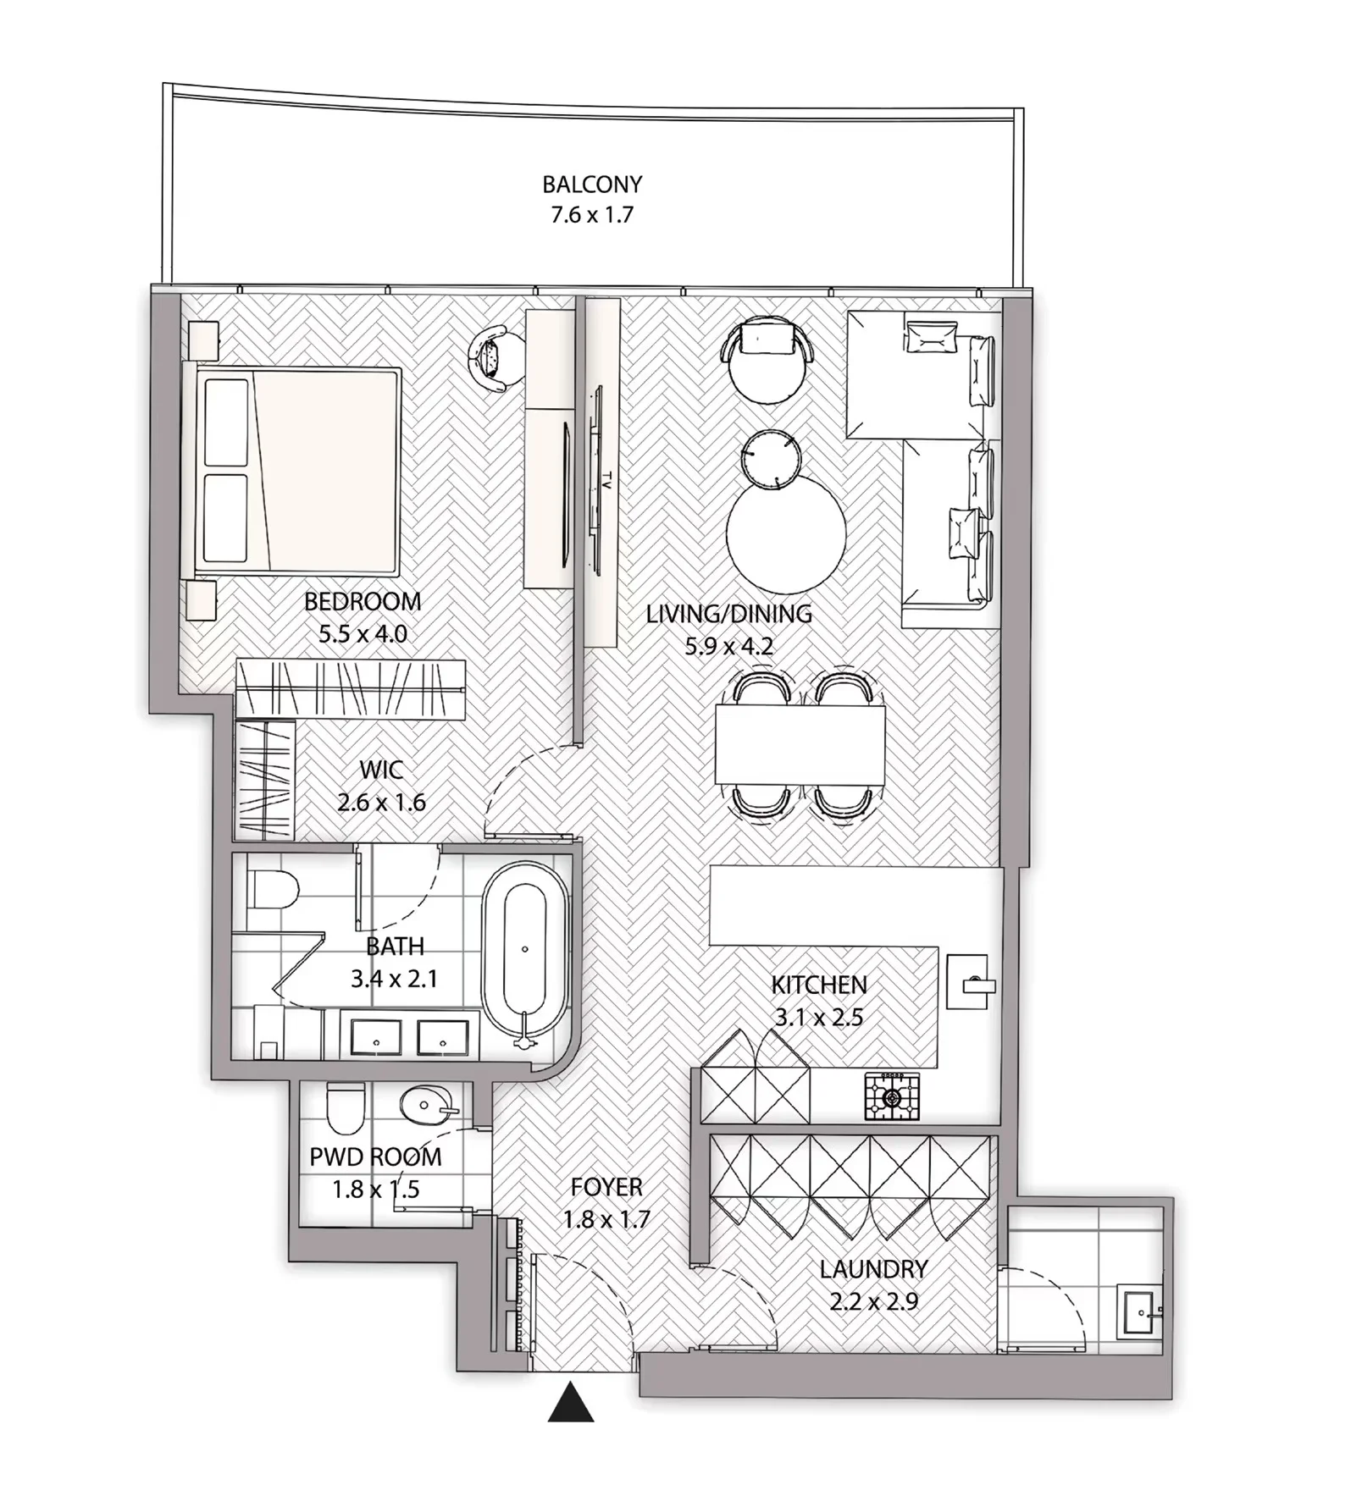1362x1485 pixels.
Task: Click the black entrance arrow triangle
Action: coord(571,1402)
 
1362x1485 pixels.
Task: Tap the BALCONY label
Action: coord(592,185)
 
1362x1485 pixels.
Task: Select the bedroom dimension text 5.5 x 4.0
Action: coord(363,634)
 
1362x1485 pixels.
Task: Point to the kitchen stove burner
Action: coord(891,1097)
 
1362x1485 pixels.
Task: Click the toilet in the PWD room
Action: coord(345,1108)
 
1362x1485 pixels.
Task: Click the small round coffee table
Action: coord(771,459)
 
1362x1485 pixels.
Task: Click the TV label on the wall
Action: coord(606,480)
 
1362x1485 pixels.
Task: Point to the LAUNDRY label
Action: coord(873,1269)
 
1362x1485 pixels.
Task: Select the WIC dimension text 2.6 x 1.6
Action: coord(381,803)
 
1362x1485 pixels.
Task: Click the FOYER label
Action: coord(606,1187)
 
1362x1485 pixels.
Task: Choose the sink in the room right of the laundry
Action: coord(1139,1312)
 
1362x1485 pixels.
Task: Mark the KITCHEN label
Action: coord(819,985)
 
